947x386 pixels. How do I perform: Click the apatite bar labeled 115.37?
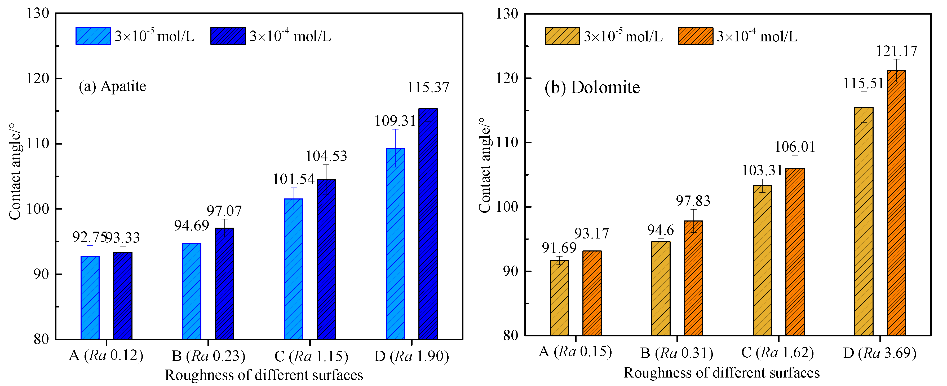(428, 224)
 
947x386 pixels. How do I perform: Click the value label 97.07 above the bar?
(224, 211)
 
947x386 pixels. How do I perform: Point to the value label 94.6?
(660, 230)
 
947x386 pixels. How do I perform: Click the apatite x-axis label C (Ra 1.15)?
(311, 356)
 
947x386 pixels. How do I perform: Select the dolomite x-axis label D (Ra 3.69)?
(879, 353)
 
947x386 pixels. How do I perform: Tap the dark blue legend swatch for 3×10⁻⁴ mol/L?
(228, 36)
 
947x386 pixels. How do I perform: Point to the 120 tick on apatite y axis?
(38, 78)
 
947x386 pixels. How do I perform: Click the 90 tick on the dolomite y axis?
(510, 271)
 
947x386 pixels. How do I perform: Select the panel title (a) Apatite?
(112, 86)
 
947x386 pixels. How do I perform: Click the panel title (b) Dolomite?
(592, 88)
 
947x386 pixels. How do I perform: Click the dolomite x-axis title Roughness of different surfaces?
(721, 373)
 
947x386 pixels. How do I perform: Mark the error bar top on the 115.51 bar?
(864, 92)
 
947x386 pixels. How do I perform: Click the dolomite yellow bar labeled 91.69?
(559, 298)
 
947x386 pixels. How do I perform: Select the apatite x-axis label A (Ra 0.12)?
(106, 355)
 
